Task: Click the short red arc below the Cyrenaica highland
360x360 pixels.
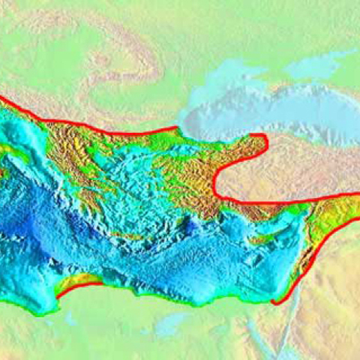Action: (79, 286)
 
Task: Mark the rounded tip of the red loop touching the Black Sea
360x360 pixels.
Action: (264, 139)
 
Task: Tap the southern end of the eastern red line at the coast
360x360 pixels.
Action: (276, 302)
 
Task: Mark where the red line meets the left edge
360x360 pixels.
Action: (1, 97)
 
